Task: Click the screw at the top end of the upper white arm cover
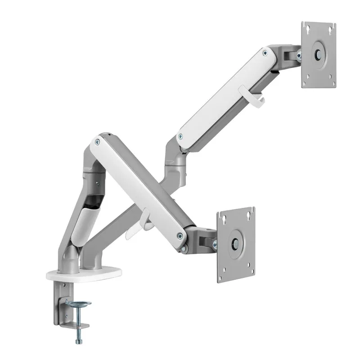point(265,53)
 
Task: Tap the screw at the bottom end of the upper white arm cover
point(180,136)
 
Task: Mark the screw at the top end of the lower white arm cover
point(96,142)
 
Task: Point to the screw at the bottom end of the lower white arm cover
point(180,234)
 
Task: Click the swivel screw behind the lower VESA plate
point(214,245)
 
